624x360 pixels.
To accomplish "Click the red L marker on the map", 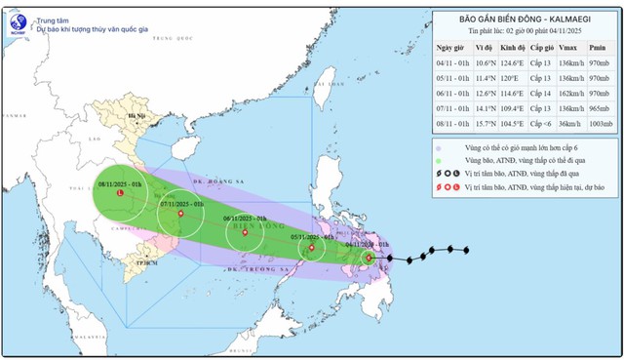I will (119, 193).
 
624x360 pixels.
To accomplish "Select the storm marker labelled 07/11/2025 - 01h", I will (177, 216).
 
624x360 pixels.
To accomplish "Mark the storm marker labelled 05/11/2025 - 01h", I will (311, 248).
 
